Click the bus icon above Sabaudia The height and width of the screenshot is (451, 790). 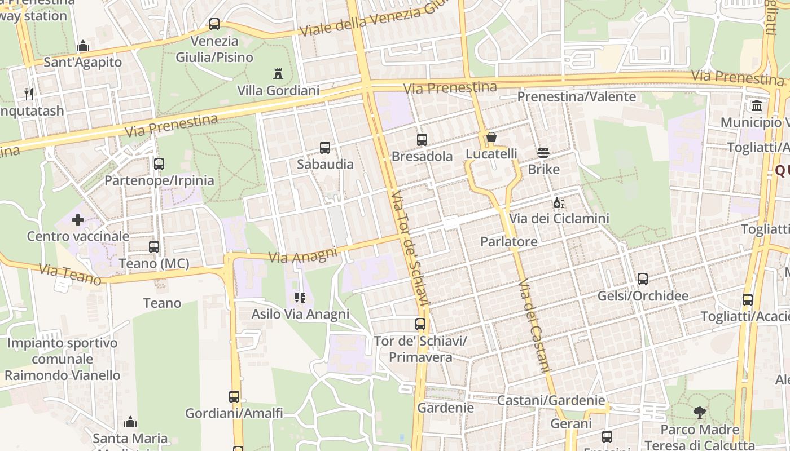pos(325,148)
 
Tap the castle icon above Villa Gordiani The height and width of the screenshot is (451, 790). pos(278,73)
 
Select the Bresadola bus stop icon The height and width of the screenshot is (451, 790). pos(422,140)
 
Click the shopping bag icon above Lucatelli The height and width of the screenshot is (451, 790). pos(491,137)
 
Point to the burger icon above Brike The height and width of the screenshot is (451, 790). pos(543,152)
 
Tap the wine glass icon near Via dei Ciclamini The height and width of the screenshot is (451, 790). pos(559,203)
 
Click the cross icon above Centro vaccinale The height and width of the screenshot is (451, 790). pos(78,219)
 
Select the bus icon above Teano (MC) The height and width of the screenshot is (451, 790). pos(154,246)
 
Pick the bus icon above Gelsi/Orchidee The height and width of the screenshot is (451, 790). pos(643,279)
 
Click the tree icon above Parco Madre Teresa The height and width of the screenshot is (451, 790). pos(700,413)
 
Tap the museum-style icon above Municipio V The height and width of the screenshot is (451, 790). pos(757,106)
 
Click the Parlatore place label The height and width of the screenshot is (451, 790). pos(509,241)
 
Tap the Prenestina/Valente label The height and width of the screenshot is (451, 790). pos(577,96)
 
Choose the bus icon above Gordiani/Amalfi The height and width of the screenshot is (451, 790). pos(234,396)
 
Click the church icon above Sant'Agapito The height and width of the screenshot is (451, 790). pos(83,46)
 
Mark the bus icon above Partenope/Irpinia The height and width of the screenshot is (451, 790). pos(159,164)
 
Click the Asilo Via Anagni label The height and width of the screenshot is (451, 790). pos(301,314)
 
